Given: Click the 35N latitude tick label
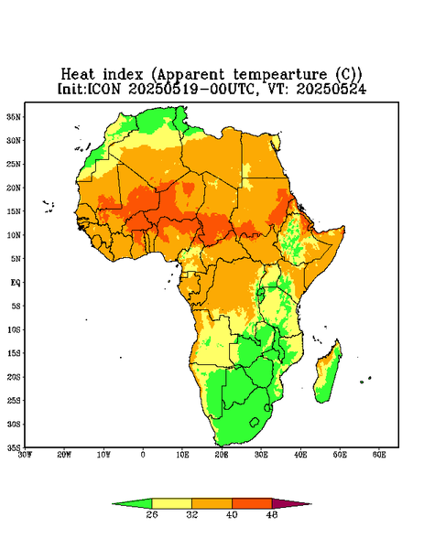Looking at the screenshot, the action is coord(14,116).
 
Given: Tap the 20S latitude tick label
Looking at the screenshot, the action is coord(14,377).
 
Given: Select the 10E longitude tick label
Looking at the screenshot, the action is coord(182,455).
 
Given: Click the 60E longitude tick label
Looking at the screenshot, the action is coord(379,455).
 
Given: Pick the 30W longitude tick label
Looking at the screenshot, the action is coord(25,455).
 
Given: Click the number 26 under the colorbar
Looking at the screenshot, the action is coord(152,514).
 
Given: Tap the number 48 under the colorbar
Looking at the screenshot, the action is coord(272,514).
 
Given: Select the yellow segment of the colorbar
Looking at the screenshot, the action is coord(171,503).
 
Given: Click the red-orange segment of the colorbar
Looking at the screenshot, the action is coord(252,503).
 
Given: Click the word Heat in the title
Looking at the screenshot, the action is coord(78,75).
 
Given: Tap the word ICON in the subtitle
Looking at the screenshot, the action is coord(103,89).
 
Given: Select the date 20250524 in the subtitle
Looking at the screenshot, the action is coord(332,89).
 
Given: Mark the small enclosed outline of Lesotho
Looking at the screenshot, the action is coord(255,422).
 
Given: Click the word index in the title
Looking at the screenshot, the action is coord(123,75).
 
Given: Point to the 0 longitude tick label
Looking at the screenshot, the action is coord(143,455).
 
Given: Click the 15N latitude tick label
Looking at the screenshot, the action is coord(14,211).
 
